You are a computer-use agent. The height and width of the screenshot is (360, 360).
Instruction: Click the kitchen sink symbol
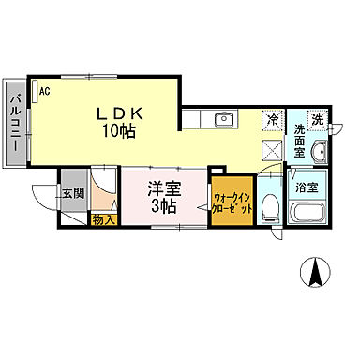pyautogui.click(x=223, y=119)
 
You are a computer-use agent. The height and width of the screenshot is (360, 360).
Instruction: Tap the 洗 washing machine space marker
pyautogui.click(x=318, y=119)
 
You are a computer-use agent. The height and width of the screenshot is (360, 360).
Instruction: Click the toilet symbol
pyautogui.click(x=268, y=205)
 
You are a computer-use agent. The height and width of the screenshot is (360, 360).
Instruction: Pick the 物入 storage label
pyautogui.click(x=102, y=220)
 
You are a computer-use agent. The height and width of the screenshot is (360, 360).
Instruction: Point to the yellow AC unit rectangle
pyautogui.click(x=35, y=90)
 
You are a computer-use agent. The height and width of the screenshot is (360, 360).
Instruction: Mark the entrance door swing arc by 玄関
pyautogui.click(x=44, y=199)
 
